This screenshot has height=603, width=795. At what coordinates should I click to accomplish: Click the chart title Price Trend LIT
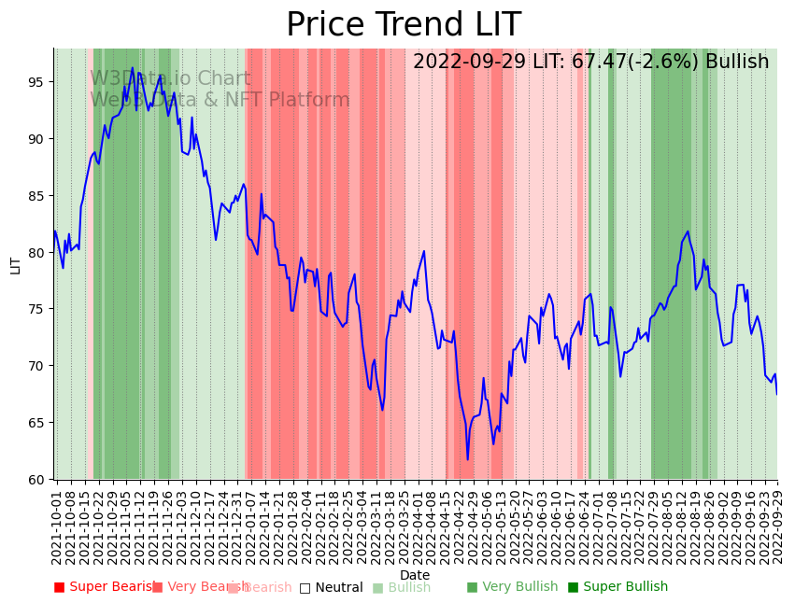[x=403, y=25]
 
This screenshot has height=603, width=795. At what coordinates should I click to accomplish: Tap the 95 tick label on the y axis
[x=35, y=82]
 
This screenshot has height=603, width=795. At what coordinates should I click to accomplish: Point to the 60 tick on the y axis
[x=35, y=479]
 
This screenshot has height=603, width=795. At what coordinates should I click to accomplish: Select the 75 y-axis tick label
[x=35, y=309]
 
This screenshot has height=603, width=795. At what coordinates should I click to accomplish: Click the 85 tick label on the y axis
[x=35, y=196]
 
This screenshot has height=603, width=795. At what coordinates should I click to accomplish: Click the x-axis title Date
[x=415, y=575]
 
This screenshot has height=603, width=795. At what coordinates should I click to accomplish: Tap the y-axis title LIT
[x=15, y=264]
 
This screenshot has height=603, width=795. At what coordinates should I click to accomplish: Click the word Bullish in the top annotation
[x=737, y=62]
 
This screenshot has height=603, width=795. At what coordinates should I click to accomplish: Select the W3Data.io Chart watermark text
[x=170, y=79]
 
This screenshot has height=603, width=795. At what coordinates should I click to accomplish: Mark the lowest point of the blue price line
[x=468, y=459]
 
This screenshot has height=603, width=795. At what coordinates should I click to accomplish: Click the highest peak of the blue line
[x=133, y=67]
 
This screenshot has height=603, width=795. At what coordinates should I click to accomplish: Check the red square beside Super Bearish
[x=60, y=587]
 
